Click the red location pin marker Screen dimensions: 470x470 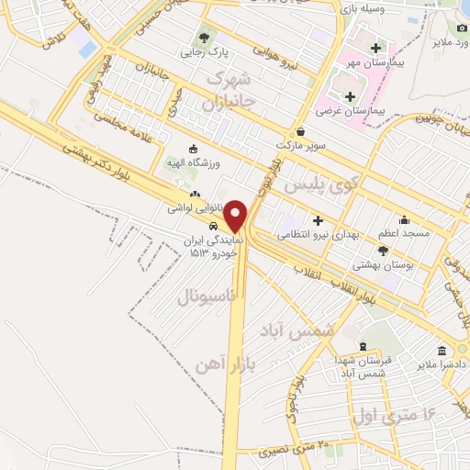236,216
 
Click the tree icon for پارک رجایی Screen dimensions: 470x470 203,39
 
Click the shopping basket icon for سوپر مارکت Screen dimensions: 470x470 301,131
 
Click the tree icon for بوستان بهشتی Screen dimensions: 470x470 383,249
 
